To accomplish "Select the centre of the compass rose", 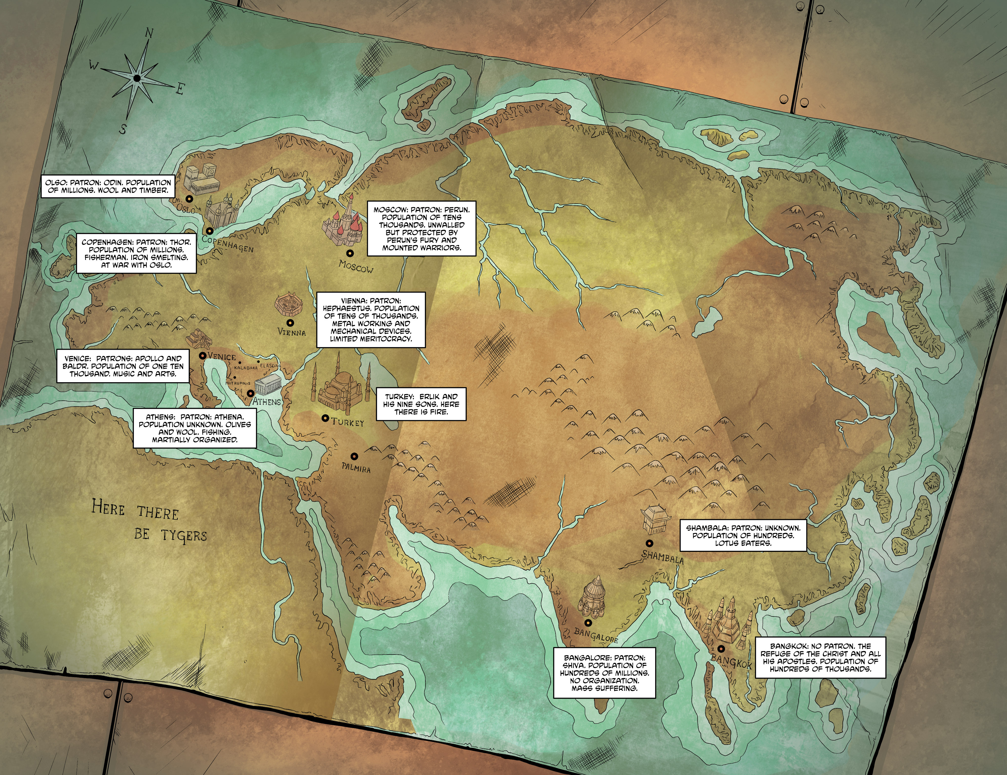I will (137, 78).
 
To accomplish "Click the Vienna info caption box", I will (371, 319).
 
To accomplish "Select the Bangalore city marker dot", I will (588, 624).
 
